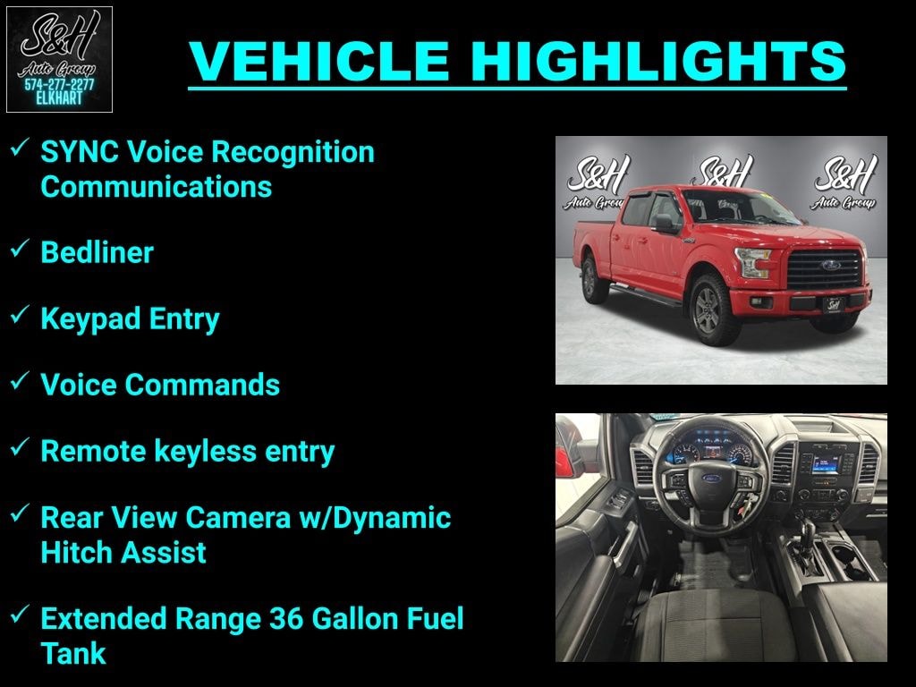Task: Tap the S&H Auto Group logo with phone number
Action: click(x=59, y=59)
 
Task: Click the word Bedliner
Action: click(x=97, y=252)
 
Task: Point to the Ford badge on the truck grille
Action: click(x=828, y=266)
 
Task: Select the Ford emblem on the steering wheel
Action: click(x=711, y=479)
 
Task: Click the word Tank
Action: click(x=73, y=653)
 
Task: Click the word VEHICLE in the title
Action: click(x=319, y=61)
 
